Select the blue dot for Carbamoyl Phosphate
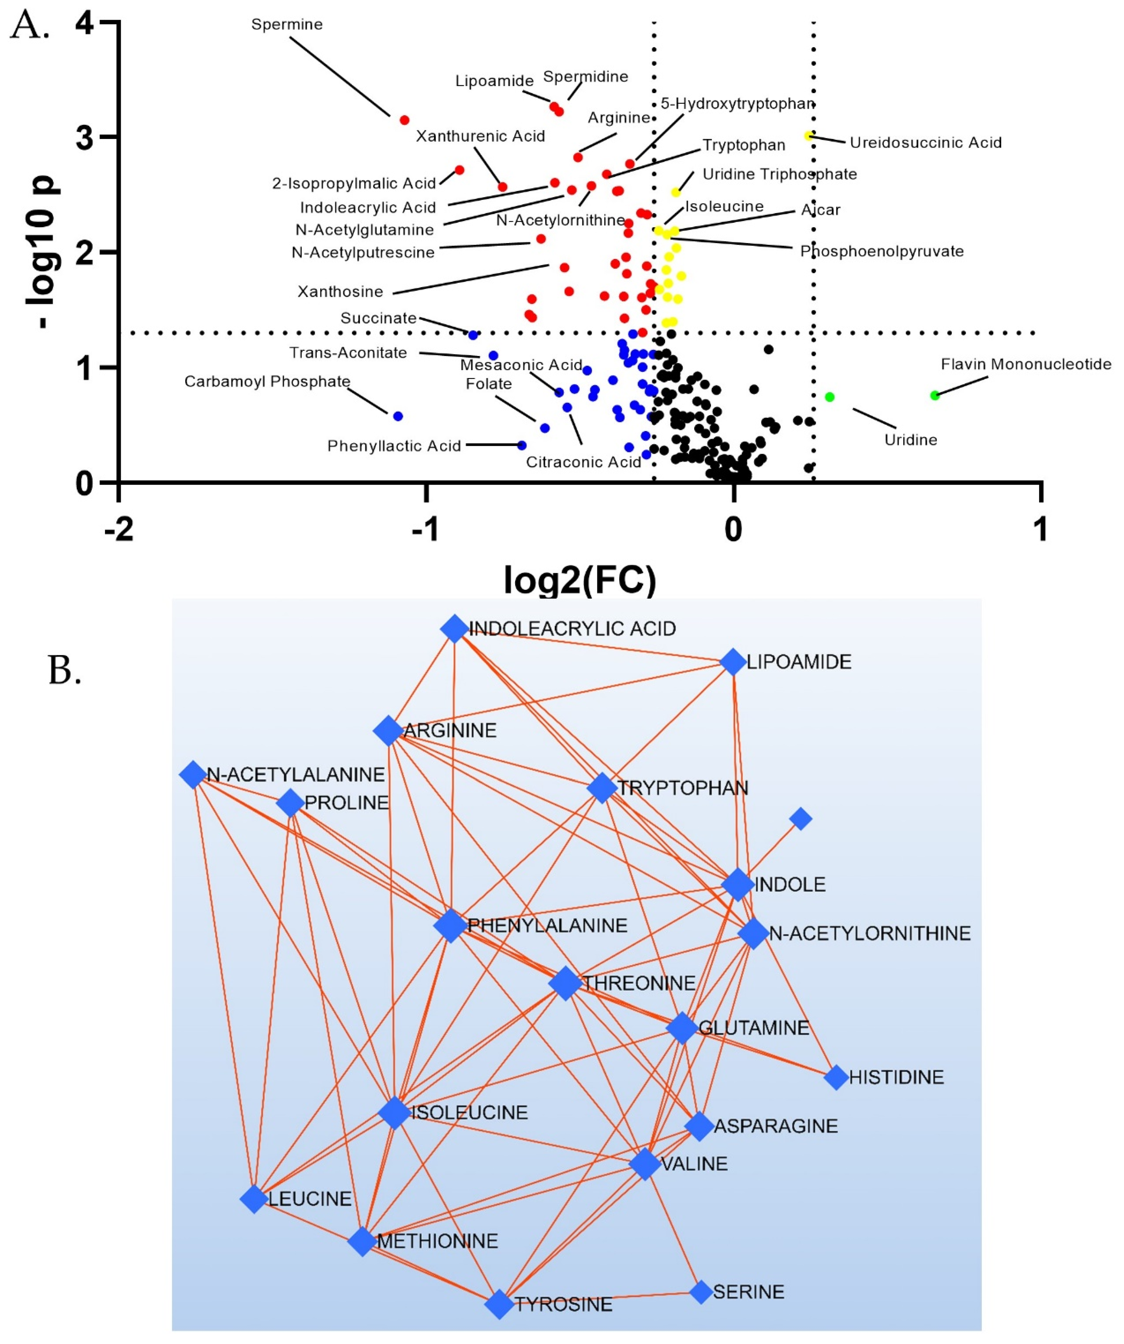pos(398,416)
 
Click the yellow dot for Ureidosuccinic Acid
pos(809,136)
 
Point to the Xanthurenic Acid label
pos(481,136)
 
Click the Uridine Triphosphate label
pos(779,174)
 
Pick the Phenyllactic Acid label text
pos(394,446)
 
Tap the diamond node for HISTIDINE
pos(835,1077)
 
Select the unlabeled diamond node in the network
pos(800,819)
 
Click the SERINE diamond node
pos(701,1292)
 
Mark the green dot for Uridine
pos(830,397)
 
